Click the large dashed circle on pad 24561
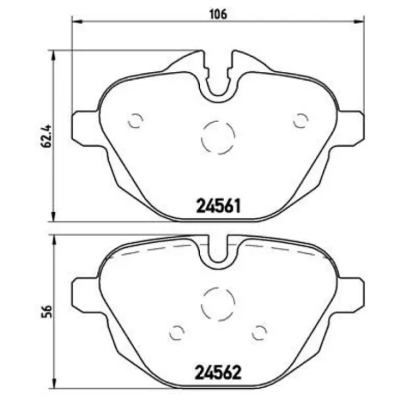(x=218, y=137)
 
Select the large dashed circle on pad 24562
(x=218, y=303)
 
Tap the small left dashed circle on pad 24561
(x=135, y=121)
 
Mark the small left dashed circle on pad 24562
(x=177, y=331)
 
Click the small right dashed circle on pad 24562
(x=259, y=331)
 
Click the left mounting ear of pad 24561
(x=83, y=127)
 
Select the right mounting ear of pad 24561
(x=353, y=127)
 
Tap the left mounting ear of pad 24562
(x=83, y=293)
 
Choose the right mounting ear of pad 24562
(x=353, y=293)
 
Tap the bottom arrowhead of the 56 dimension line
(x=53, y=385)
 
